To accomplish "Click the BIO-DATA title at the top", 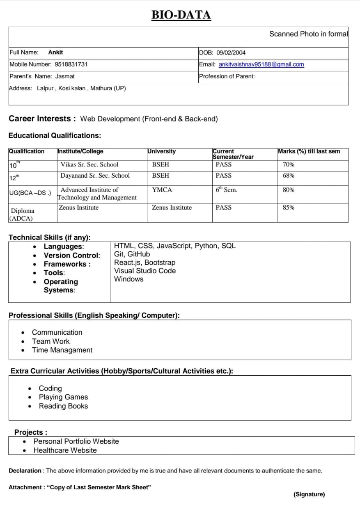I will click(x=181, y=15).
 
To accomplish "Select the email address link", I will click(x=261, y=64).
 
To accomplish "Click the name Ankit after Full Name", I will click(x=55, y=52).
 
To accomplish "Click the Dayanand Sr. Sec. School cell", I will click(x=95, y=176).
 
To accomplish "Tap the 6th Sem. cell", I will click(x=226, y=190).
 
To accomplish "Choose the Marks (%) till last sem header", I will click(x=309, y=151).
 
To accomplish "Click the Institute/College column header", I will click(x=80, y=151).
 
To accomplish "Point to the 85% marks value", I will click(x=288, y=208).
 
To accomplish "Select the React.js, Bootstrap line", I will click(x=144, y=262).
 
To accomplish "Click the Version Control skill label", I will click(x=71, y=255).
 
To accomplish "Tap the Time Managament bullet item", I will click(x=62, y=350).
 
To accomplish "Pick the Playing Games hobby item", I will click(x=63, y=397).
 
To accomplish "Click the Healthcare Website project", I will click(x=65, y=450).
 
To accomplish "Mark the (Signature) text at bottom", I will click(x=309, y=494).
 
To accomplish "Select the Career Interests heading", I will click(x=42, y=119).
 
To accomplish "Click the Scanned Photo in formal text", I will click(x=308, y=34).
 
